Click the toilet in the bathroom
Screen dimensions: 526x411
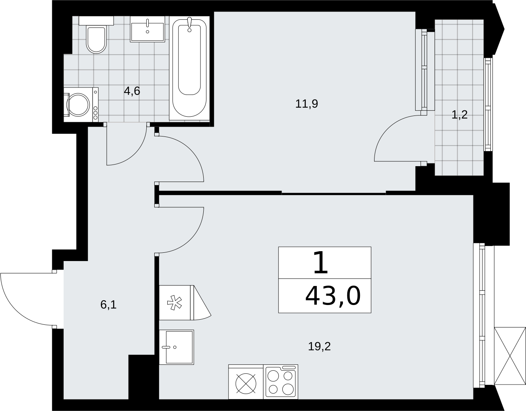[96, 35]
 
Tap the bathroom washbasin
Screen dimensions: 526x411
[148, 29]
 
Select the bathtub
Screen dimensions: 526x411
[189, 68]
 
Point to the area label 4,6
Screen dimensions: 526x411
[132, 91]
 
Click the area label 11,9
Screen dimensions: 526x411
[307, 104]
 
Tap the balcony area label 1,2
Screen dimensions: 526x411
[460, 115]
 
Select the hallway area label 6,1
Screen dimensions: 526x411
[108, 305]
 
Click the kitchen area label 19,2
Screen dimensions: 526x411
[319, 347]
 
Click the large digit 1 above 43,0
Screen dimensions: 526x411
[321, 263]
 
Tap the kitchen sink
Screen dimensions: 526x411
[176, 347]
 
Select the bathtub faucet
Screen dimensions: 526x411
[189, 24]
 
